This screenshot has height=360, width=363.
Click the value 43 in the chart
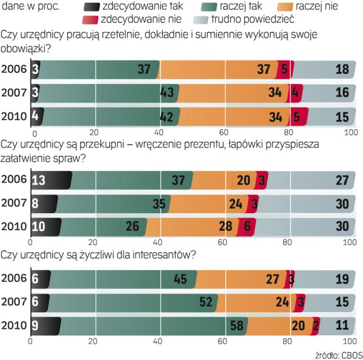pyautogui.click(x=167, y=92)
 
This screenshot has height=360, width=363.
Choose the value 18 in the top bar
pyautogui.click(x=341, y=69)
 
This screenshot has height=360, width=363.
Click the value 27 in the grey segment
pyautogui.click(x=341, y=179)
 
